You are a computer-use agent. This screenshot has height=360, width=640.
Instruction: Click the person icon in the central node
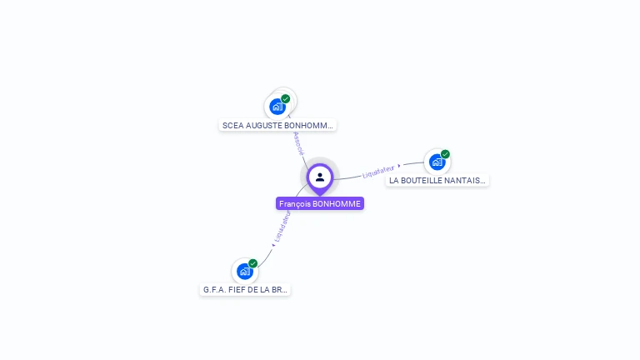click(320, 177)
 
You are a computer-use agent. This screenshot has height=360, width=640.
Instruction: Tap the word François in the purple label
click(294, 204)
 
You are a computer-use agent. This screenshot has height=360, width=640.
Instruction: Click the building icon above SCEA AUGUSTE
click(277, 107)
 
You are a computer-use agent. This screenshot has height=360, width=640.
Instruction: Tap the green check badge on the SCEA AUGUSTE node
click(286, 99)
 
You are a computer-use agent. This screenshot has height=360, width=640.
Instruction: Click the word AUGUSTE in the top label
click(263, 126)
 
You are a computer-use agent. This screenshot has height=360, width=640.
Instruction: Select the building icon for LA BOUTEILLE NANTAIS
click(437, 162)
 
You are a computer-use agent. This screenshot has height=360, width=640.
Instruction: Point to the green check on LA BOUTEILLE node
click(445, 154)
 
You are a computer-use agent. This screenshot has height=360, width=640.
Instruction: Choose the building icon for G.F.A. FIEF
click(244, 271)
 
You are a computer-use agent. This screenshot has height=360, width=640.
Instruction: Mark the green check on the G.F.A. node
click(252, 263)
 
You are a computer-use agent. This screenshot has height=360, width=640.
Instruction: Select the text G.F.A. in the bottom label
click(214, 290)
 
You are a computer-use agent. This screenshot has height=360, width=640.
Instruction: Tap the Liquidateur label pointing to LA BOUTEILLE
click(378, 172)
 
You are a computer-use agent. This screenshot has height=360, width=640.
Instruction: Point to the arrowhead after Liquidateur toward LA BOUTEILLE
click(399, 166)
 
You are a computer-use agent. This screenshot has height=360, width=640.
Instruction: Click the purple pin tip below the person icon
click(320, 193)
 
